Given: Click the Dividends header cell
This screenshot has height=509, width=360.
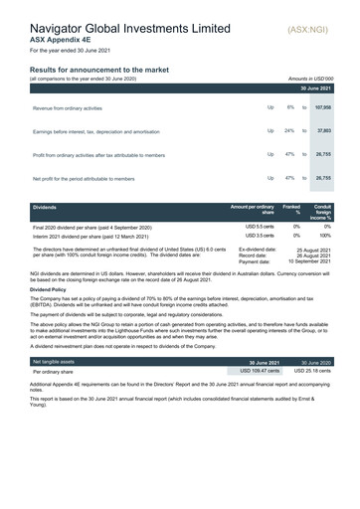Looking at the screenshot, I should coord(46,207).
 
